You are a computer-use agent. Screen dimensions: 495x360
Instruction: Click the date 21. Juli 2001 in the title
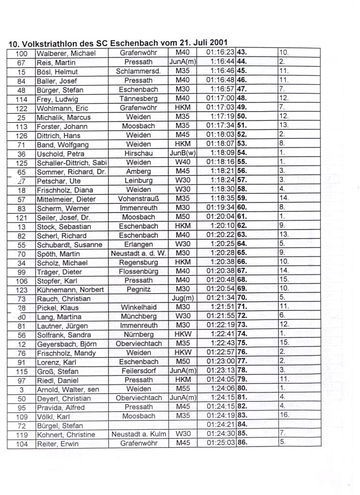(198, 43)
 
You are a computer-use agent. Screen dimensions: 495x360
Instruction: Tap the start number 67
(21, 62)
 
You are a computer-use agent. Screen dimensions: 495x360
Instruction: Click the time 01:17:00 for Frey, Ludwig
(220, 98)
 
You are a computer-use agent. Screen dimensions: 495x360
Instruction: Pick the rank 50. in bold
(242, 116)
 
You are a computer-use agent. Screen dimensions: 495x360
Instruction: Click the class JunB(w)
(183, 153)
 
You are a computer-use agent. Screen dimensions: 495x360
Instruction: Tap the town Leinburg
(138, 180)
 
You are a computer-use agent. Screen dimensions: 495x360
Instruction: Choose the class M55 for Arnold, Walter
(183, 390)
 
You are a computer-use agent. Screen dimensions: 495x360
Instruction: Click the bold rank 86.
(242, 444)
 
